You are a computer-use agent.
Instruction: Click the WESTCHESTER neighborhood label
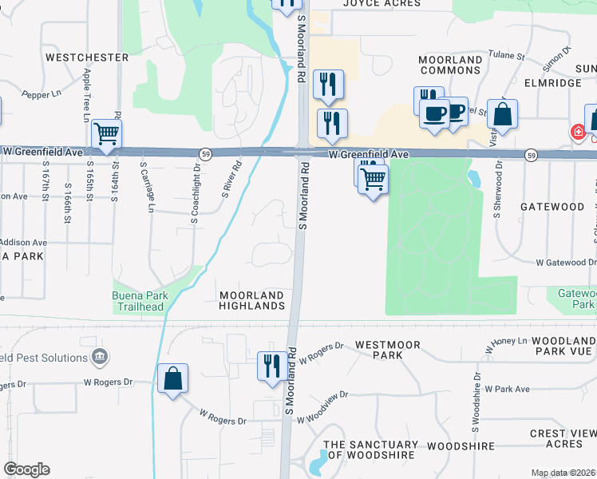pos(87,57)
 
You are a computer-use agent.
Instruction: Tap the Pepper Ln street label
pos(42,93)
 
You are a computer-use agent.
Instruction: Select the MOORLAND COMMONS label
pos(451,65)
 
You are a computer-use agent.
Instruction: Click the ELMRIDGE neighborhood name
pos(553,82)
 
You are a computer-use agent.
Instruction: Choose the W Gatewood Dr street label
pos(565,262)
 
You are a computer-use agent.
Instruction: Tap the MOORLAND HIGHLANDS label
pos(252,301)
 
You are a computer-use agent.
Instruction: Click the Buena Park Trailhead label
pos(140,301)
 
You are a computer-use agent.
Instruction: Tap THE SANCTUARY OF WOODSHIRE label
pos(370,449)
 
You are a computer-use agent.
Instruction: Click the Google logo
pos(26,469)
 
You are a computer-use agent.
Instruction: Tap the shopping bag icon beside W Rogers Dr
pos(173,378)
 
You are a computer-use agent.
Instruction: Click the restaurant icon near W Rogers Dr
pos(271,366)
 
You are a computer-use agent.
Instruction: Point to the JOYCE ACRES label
pos(382,3)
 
